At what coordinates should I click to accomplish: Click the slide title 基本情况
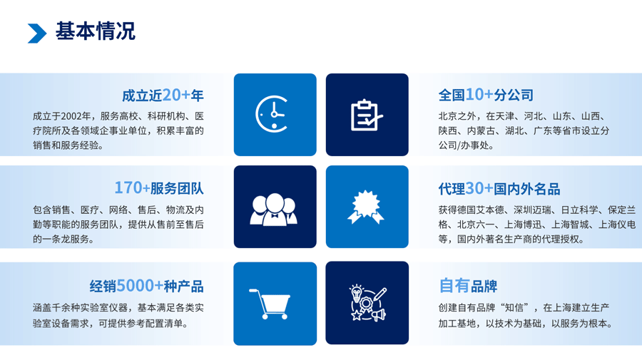click(x=96, y=31)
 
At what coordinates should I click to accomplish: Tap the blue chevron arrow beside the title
click(x=37, y=33)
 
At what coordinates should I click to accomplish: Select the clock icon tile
click(x=275, y=115)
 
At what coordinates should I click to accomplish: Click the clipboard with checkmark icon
click(x=367, y=115)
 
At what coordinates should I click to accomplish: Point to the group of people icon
click(x=273, y=209)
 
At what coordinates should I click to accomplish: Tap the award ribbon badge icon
click(x=366, y=207)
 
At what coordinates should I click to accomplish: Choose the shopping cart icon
click(x=270, y=304)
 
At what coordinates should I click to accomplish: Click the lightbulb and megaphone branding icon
click(x=367, y=303)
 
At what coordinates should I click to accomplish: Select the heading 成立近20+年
click(x=163, y=96)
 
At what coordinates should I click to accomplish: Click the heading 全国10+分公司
click(x=486, y=95)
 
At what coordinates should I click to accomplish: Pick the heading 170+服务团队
click(x=159, y=187)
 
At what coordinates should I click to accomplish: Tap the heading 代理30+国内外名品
click(x=499, y=189)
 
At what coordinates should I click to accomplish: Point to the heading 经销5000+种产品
click(x=146, y=286)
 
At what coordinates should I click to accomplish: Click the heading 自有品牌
click(x=468, y=286)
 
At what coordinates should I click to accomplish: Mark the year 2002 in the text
click(x=71, y=116)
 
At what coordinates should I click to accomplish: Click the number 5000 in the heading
click(x=135, y=286)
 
